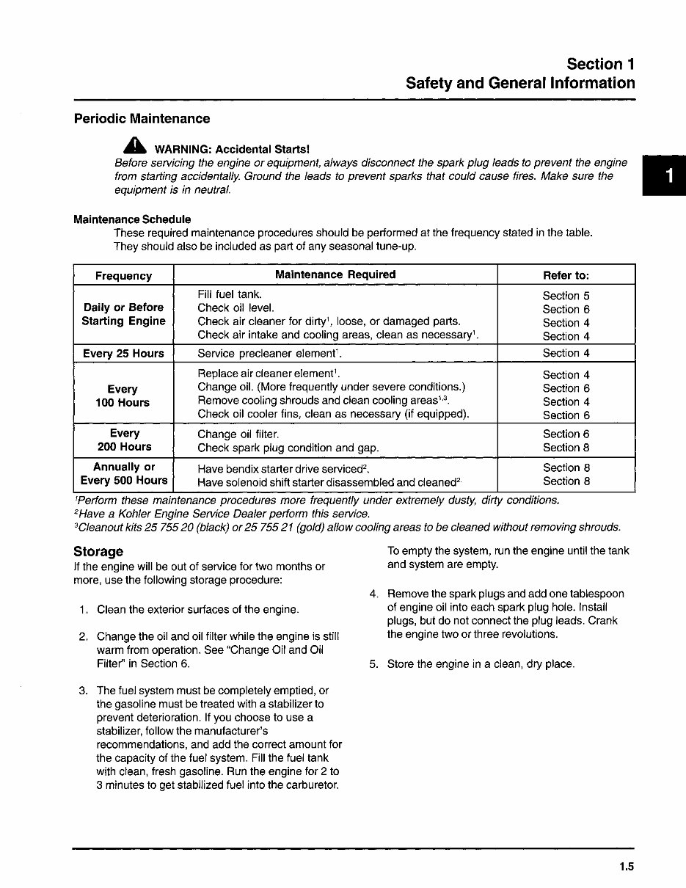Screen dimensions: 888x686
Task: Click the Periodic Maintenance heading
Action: [x=142, y=119]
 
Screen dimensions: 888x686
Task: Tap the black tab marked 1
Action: [x=667, y=176]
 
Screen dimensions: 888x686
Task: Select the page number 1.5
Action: [x=625, y=867]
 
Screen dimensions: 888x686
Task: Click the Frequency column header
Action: [x=123, y=276]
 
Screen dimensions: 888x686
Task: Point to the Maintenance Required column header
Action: [x=335, y=274]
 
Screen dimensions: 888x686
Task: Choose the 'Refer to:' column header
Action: [x=566, y=275]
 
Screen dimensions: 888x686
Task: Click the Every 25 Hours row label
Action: [x=123, y=354]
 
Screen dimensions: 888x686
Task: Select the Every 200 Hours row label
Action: [x=124, y=440]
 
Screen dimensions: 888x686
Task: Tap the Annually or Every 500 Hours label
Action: [x=124, y=474]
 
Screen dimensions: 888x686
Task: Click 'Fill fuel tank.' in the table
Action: [x=230, y=294]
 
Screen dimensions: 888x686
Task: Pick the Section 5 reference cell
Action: [x=566, y=296]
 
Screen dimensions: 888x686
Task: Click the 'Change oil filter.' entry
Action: [x=238, y=434]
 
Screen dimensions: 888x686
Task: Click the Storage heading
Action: [x=98, y=551]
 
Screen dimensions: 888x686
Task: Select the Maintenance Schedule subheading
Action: [x=132, y=219]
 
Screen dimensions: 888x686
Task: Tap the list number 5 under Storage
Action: [x=373, y=664]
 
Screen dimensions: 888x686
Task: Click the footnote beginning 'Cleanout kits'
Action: [x=347, y=527]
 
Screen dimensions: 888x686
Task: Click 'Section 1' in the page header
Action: [x=600, y=65]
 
